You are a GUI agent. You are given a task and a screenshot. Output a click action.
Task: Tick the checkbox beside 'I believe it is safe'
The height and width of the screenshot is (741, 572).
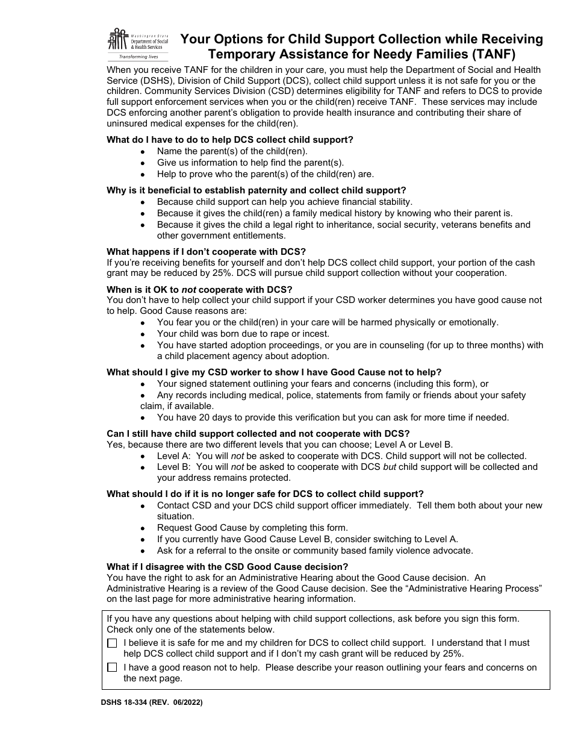[112, 643]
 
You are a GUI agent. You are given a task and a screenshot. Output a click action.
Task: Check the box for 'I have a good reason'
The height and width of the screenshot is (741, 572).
[112, 668]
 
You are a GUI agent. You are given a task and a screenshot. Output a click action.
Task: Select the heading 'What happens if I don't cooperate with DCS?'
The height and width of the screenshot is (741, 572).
[207, 251]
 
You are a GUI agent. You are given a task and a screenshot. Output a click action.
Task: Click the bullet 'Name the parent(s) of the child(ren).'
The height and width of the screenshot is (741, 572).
[232, 151]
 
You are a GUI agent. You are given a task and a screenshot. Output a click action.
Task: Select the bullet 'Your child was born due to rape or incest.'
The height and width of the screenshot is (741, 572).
[243, 334]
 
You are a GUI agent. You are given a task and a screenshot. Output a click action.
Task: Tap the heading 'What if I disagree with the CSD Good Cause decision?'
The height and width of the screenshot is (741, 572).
[227, 567]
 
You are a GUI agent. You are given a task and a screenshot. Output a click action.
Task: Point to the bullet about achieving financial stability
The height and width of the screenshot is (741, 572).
[284, 202]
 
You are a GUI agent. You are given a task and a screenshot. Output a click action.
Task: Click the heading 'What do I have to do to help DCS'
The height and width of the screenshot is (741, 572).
[229, 140]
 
